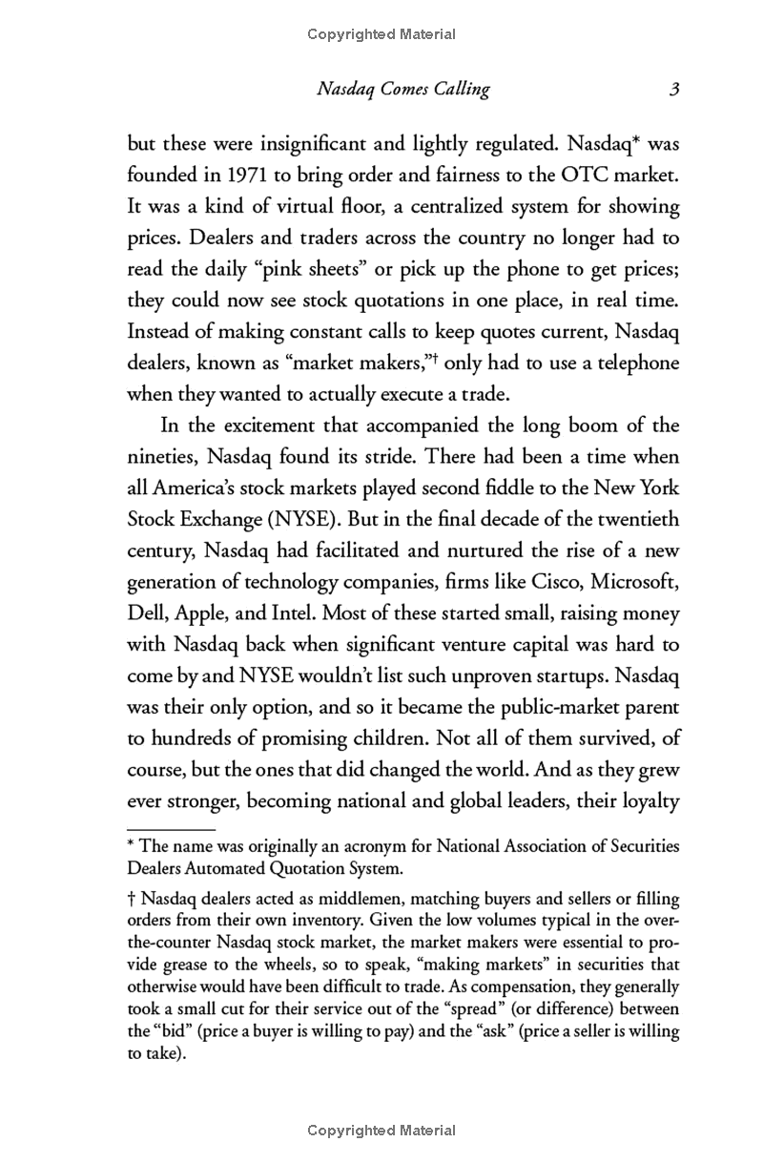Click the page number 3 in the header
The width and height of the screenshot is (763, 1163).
pyautogui.click(x=673, y=90)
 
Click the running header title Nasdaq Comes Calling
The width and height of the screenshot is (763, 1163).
pyautogui.click(x=402, y=90)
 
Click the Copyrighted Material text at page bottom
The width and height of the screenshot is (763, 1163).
pyautogui.click(x=381, y=1131)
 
